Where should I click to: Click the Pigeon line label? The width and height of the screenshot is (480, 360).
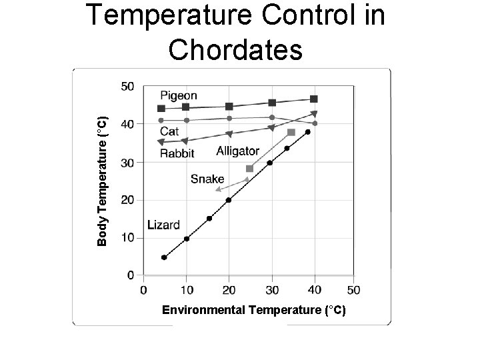click(178, 96)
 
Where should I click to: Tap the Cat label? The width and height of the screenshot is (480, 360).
click(169, 132)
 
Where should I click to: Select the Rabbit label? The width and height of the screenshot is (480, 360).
click(177, 153)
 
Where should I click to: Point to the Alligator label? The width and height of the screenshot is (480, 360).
click(238, 151)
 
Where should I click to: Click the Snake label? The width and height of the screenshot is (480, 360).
click(207, 179)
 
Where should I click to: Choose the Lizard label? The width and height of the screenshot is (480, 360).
click(163, 225)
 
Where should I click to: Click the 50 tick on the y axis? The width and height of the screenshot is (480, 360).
click(127, 87)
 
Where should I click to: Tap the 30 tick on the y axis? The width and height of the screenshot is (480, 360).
click(127, 162)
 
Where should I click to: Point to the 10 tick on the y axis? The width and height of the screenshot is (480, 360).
click(127, 237)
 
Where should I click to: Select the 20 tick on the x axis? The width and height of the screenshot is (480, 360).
click(229, 290)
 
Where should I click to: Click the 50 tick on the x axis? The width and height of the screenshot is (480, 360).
click(354, 290)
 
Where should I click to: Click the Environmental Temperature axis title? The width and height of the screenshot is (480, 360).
click(254, 310)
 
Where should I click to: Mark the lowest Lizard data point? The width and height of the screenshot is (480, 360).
click(164, 257)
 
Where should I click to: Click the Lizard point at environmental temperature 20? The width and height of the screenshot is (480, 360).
click(229, 200)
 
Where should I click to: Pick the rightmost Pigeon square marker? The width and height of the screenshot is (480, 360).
click(314, 99)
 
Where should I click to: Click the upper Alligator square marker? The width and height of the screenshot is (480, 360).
click(291, 133)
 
